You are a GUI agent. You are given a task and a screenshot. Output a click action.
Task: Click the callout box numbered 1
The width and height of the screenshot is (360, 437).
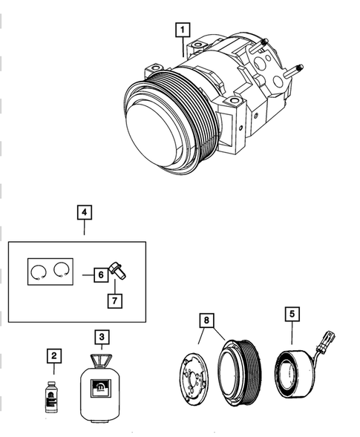click(181, 30)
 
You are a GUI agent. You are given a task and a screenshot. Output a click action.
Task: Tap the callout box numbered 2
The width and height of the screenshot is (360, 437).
click(53, 357)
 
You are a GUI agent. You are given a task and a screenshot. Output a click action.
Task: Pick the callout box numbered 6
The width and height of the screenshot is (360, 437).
click(99, 275)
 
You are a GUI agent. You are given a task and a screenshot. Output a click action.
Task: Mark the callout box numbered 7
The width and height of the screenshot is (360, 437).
click(115, 300)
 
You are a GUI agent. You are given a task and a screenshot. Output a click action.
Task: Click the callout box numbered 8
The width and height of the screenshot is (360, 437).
click(207, 321)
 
